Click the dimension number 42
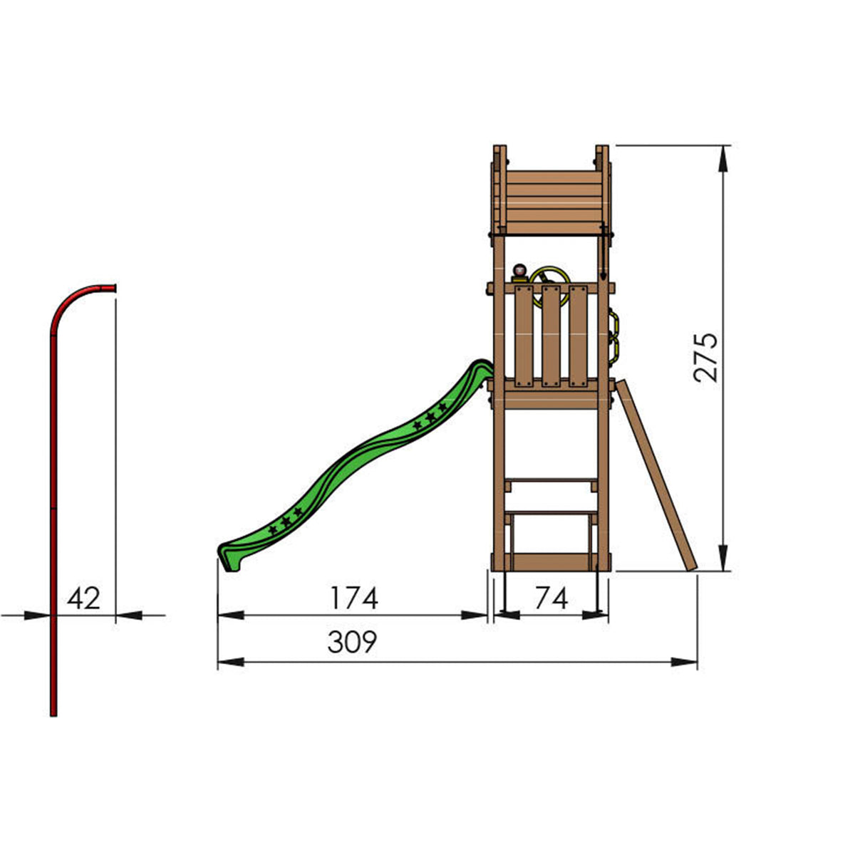(x=84, y=598)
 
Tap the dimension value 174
(x=353, y=598)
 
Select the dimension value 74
(x=551, y=598)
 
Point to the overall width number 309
(x=351, y=642)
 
